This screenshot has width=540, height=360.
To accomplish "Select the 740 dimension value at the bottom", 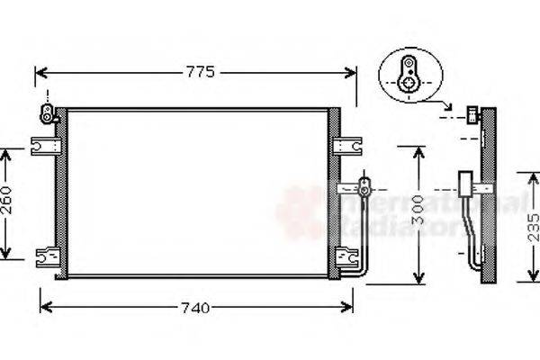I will point(194,308).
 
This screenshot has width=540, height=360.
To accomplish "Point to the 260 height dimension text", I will point(7,202).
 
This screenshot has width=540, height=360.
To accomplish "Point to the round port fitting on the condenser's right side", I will point(364,189).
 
